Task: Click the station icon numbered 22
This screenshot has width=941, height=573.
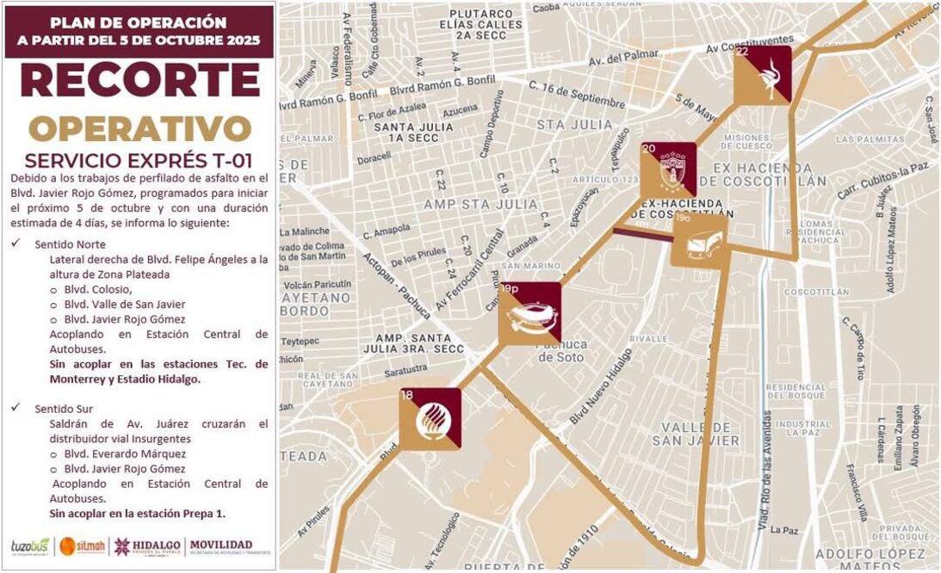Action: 762,75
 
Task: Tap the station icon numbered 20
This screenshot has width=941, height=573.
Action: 668,170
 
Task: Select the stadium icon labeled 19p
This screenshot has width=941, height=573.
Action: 529,313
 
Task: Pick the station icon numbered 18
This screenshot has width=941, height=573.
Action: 430,419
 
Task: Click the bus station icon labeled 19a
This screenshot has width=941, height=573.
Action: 699,241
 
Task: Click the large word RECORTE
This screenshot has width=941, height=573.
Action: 139,80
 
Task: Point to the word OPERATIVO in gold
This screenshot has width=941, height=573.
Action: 139,128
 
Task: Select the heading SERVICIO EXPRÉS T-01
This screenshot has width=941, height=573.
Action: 139,161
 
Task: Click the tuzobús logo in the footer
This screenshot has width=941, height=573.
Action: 30,545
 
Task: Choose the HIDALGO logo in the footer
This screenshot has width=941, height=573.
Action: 147,545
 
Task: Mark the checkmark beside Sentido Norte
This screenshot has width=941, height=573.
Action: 15,244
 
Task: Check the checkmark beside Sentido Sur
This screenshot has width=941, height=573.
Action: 15,409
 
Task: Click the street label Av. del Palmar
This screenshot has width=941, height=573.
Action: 623,61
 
